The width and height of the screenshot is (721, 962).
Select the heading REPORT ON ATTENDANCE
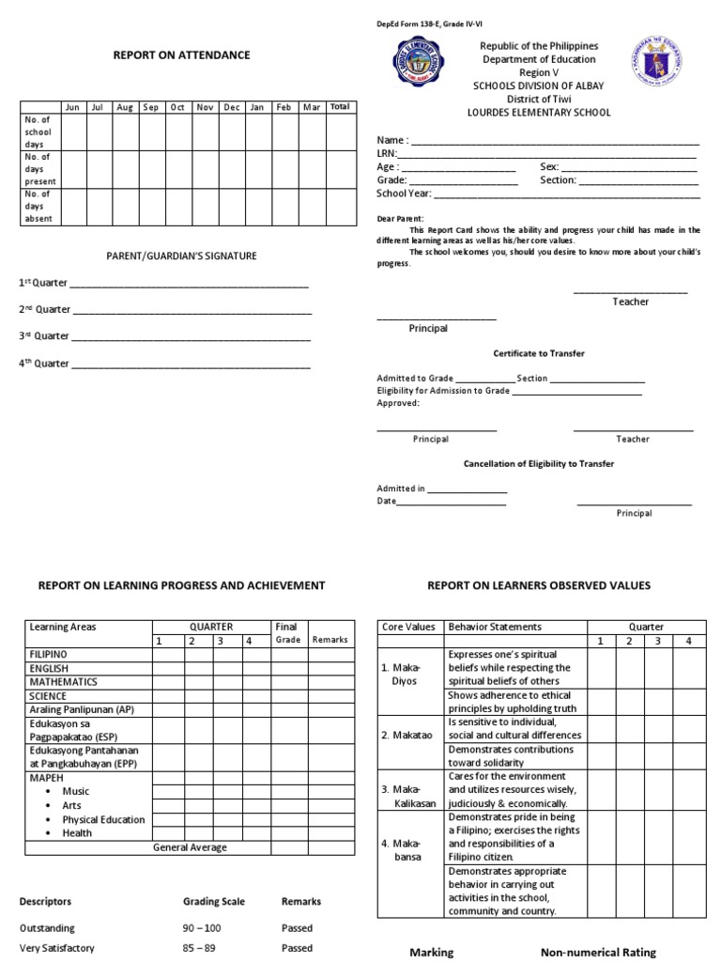[x=181, y=55]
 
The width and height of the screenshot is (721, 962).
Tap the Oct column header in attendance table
[x=177, y=107]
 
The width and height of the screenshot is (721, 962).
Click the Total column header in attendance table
[x=340, y=107]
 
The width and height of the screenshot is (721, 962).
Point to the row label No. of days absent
[x=38, y=207]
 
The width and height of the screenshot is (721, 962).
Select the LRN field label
[x=386, y=153]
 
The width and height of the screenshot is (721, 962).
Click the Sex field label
[x=549, y=166]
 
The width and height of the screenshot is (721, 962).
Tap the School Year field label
[x=404, y=194]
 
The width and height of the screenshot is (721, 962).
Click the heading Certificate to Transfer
[x=539, y=353]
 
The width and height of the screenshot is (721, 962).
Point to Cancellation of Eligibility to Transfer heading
[x=539, y=464]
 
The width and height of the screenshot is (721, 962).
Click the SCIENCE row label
[x=49, y=695]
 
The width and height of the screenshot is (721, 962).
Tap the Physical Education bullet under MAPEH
[x=103, y=819]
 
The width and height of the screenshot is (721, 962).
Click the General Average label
[x=190, y=847]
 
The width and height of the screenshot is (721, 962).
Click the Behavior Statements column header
[x=495, y=627]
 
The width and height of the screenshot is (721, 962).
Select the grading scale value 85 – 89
[x=199, y=948]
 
